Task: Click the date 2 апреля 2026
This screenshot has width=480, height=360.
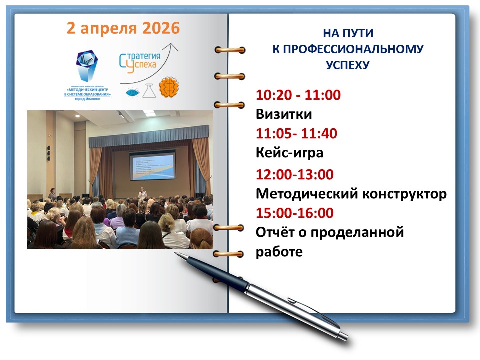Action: [123, 28]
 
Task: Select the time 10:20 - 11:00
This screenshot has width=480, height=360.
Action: [298, 95]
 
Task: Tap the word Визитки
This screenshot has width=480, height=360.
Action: [284, 114]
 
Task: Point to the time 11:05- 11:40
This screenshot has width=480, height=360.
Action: [296, 134]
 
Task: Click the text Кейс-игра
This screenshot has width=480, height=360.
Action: [289, 153]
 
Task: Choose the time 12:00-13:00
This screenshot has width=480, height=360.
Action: [295, 175]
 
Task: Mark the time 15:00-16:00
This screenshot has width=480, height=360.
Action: [295, 213]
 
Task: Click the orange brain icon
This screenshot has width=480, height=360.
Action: [169, 87]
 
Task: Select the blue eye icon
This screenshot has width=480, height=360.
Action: [132, 92]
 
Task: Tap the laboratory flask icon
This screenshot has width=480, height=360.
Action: [148, 90]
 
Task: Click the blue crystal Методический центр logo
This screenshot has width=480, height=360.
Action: [88, 64]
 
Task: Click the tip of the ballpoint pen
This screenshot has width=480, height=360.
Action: [175, 253]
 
